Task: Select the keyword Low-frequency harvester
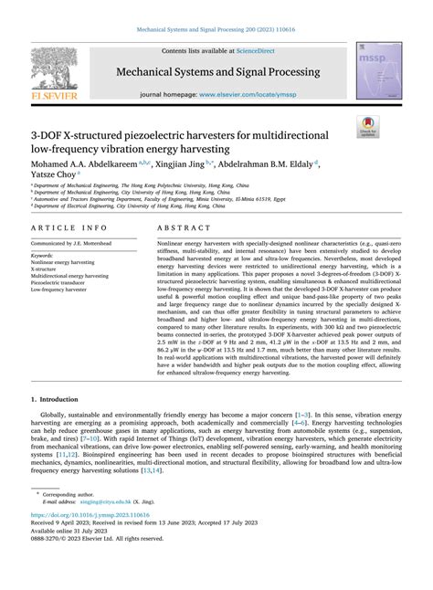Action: tap(66, 290)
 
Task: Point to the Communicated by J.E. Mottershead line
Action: tap(79, 244)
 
